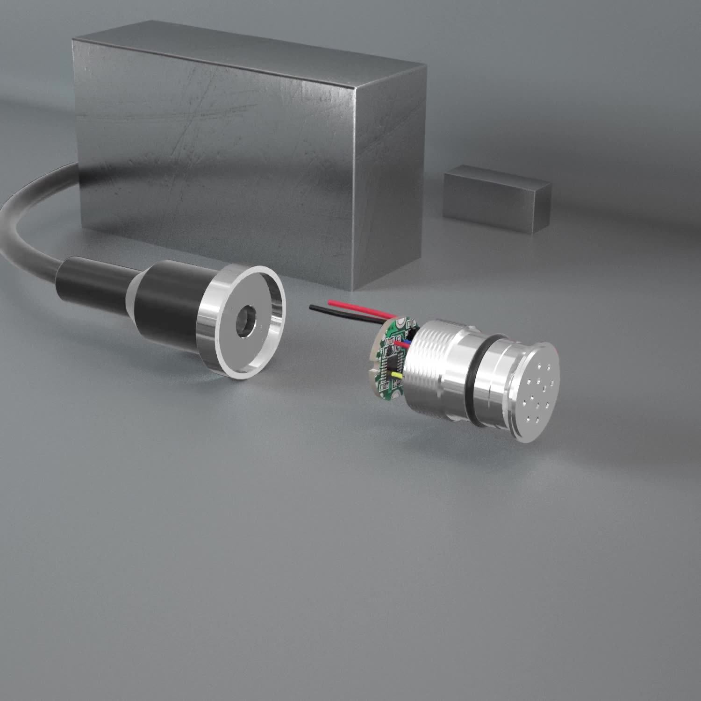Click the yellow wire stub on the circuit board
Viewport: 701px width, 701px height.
(x=397, y=375)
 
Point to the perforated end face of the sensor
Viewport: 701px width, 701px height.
(x=537, y=393)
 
